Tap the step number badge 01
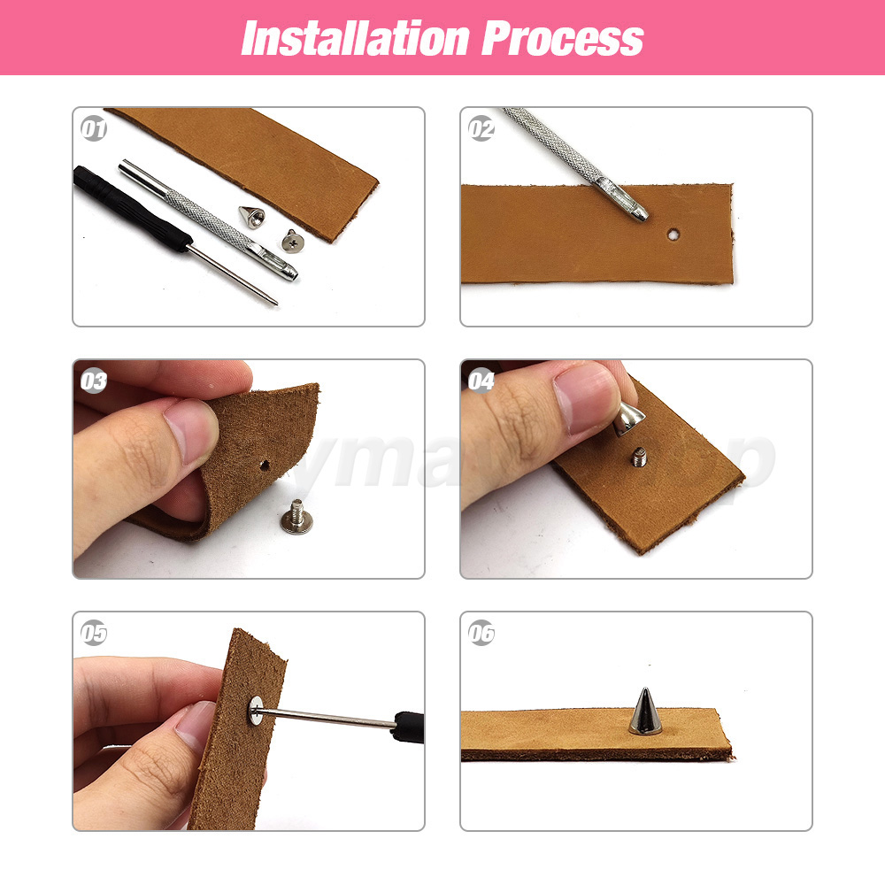pos(94,129)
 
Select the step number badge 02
pos(481,129)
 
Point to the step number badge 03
pos(94,381)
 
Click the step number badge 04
pos(481,381)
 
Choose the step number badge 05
pos(94,634)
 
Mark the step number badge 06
pos(481,634)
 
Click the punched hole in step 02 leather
pos(675,235)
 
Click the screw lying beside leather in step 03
pos(296,514)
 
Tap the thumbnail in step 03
pos(190,432)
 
